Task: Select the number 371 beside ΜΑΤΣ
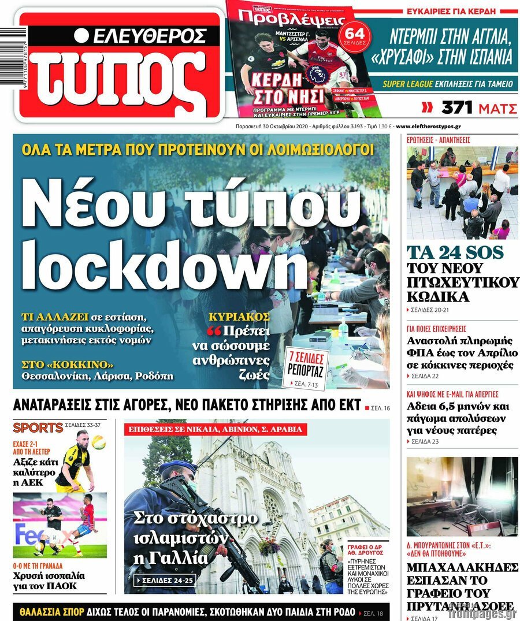click(457, 107)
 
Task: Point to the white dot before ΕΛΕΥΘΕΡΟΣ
click(81, 36)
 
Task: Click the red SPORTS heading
click(38, 428)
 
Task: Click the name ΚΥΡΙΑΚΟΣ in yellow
click(239, 317)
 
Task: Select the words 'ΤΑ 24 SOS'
click(455, 252)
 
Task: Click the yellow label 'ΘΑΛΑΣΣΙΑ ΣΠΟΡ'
click(52, 612)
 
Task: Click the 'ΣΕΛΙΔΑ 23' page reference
click(425, 442)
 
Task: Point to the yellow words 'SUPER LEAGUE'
click(407, 84)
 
